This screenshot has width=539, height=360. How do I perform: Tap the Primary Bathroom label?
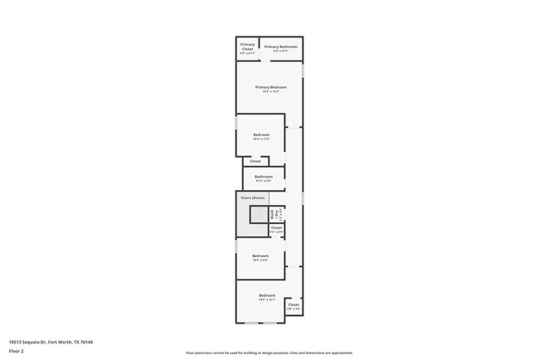(x=280, y=46)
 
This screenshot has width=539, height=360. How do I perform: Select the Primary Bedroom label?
(x=271, y=87)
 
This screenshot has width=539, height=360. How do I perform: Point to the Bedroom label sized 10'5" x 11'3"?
(x=261, y=134)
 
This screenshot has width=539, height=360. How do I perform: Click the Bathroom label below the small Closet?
(x=264, y=177)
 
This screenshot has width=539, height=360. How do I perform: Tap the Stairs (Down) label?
(x=252, y=197)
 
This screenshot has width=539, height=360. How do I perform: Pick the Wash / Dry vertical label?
(x=273, y=216)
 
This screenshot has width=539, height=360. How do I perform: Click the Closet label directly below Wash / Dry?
(x=276, y=227)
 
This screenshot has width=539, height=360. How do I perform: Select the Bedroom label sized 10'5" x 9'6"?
(x=260, y=256)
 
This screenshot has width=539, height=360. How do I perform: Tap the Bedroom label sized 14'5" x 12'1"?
(x=266, y=295)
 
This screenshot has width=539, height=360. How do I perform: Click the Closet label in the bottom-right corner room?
(x=293, y=304)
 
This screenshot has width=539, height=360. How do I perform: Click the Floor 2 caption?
(x=17, y=351)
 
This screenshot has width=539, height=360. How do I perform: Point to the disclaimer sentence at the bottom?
(x=269, y=353)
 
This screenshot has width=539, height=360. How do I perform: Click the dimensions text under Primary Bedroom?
(x=271, y=91)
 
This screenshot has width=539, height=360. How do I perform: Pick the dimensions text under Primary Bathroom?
(x=280, y=51)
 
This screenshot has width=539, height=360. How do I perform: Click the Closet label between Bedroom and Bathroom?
(x=255, y=161)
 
